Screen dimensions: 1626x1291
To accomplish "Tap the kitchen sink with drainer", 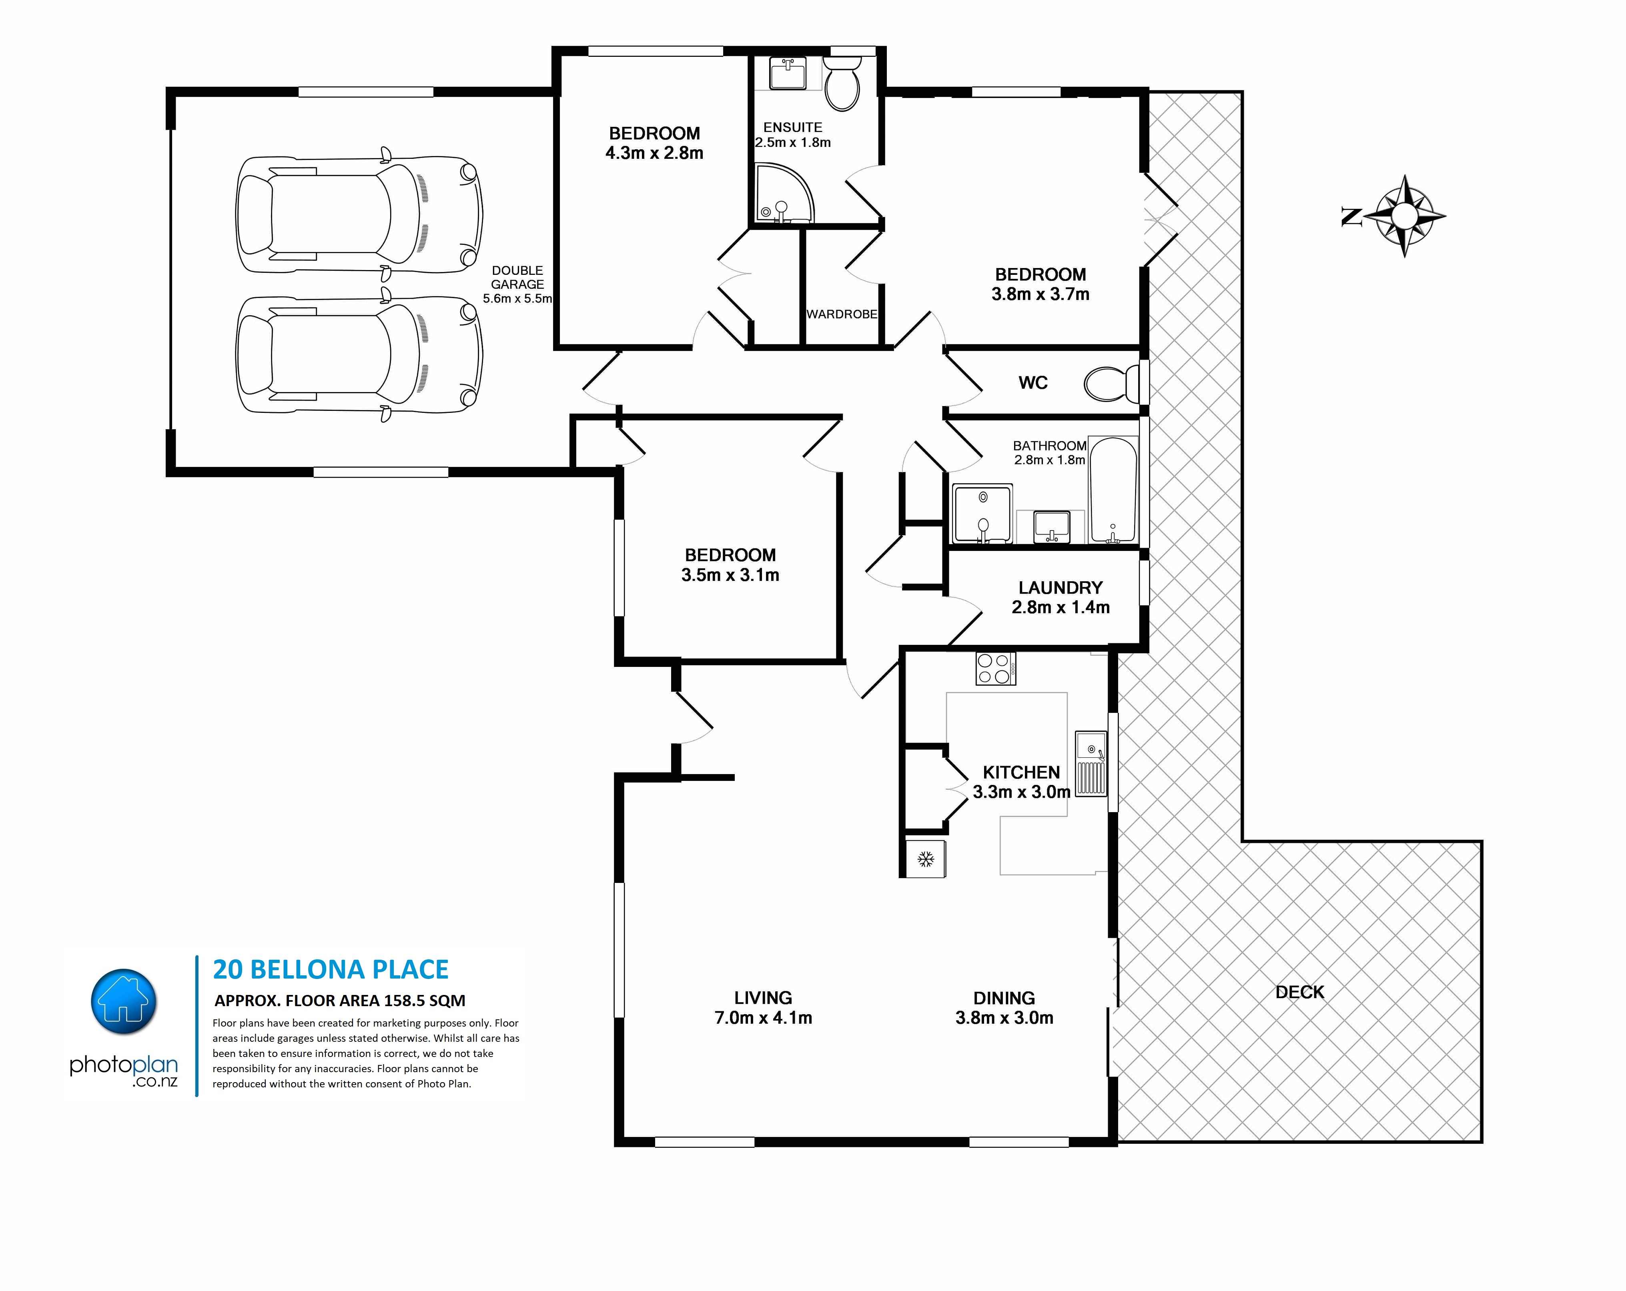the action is point(1091,764).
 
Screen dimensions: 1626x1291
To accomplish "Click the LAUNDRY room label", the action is point(1061,587).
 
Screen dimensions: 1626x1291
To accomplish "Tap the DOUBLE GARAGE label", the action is point(517,278).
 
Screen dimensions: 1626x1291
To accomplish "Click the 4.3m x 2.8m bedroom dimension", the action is point(655,153).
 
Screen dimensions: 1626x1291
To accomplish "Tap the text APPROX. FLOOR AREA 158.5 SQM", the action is point(340,1001).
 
